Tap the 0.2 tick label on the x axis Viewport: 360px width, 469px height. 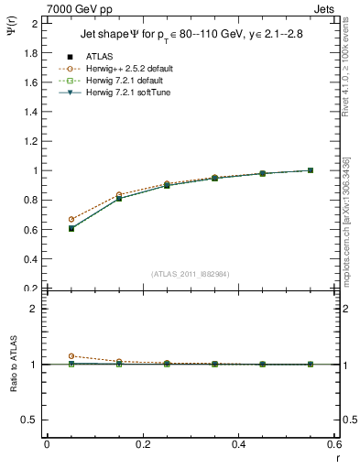coord(142,444)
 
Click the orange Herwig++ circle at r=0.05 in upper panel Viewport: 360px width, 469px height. coord(71,220)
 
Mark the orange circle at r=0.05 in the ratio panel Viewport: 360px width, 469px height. coord(71,356)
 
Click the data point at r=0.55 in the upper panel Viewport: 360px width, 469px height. coord(311,170)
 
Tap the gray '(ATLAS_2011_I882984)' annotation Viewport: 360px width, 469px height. coord(190,274)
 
